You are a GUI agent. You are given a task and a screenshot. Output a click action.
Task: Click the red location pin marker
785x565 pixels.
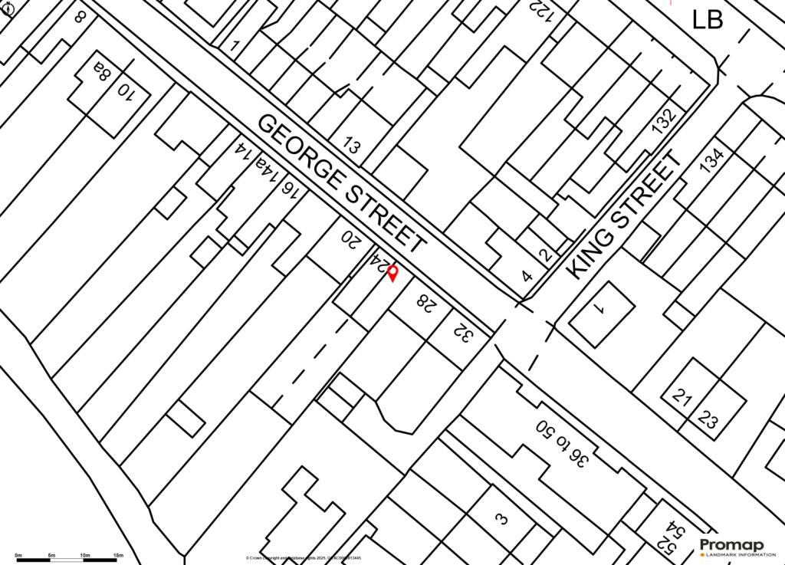click(392, 273)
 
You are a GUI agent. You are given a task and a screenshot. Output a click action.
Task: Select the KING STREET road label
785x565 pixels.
click(625, 215)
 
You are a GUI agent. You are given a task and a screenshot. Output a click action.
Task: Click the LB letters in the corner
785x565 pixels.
click(707, 19)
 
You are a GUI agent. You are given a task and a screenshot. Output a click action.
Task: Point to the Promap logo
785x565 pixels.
click(731, 547)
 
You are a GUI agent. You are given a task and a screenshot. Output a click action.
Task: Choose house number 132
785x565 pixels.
click(664, 121)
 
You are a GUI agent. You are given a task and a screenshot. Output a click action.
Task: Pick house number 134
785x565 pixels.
click(711, 159)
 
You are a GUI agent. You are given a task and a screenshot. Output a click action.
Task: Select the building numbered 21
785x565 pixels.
click(682, 396)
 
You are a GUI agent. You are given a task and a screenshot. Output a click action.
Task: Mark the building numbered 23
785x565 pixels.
click(709, 420)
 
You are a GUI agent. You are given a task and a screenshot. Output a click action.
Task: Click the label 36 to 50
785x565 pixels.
click(563, 444)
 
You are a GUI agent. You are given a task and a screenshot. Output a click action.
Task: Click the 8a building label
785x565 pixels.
click(102, 73)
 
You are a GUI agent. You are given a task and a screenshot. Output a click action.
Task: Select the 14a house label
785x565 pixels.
click(266, 169)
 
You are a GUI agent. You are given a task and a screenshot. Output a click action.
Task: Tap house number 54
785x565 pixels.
click(676, 530)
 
